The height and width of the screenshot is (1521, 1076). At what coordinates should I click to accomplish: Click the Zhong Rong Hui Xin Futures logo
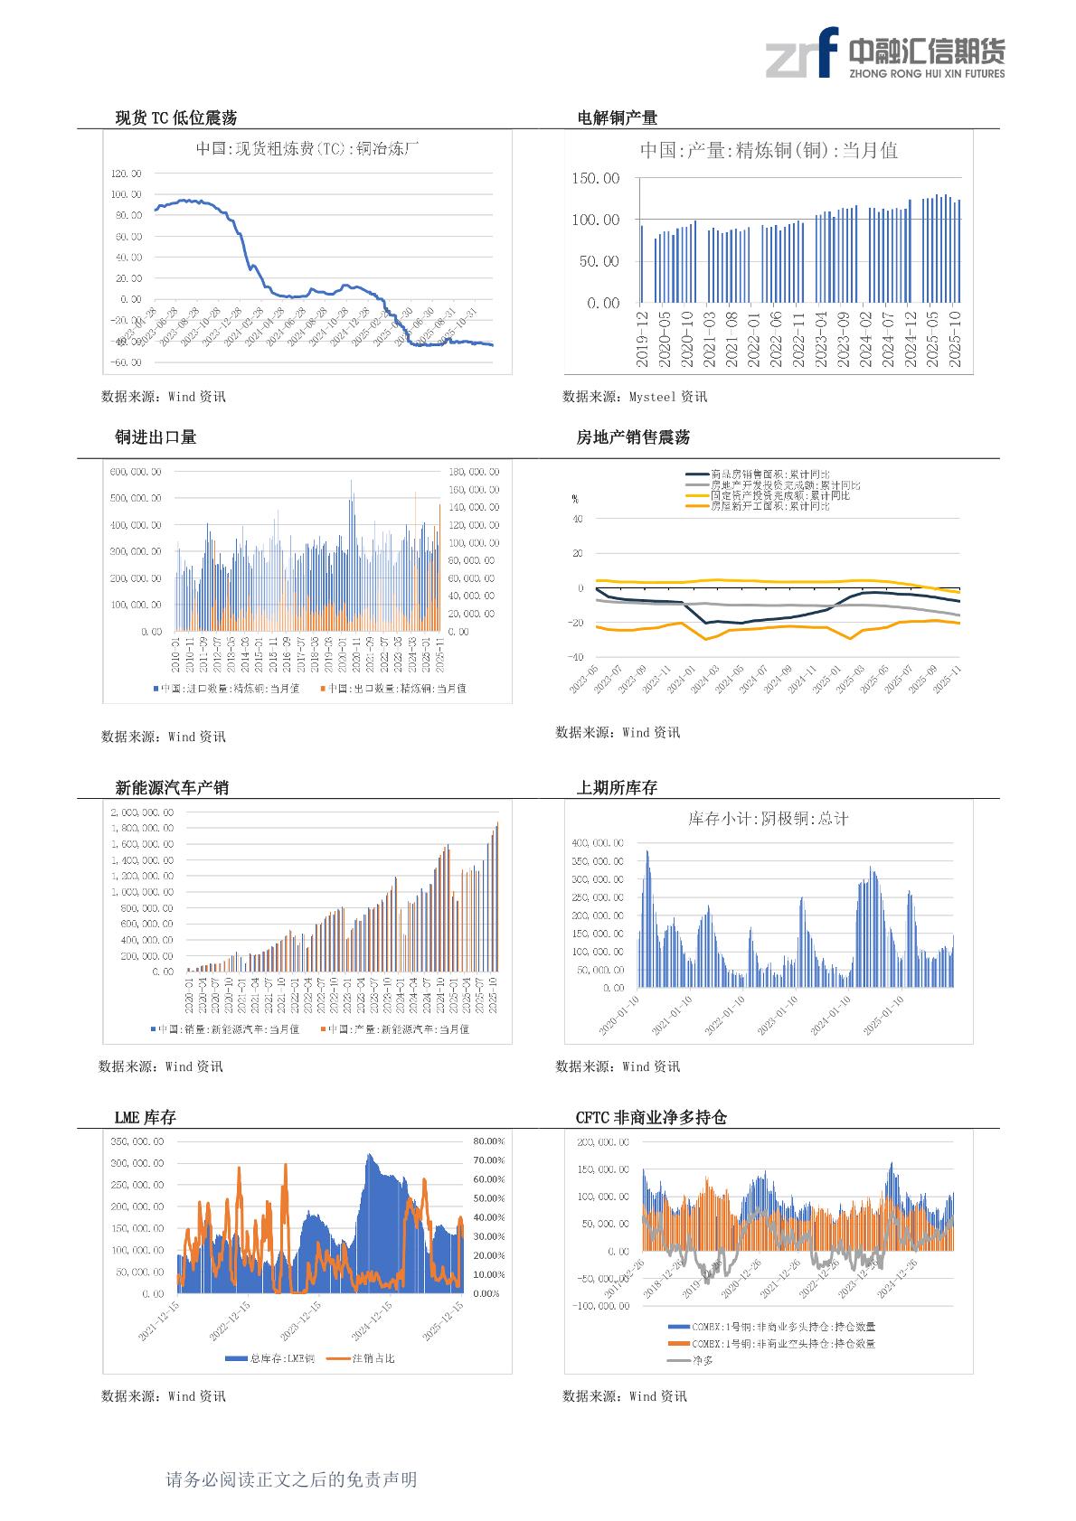(884, 53)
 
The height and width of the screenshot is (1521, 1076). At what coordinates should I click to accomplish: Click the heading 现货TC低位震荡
(175, 117)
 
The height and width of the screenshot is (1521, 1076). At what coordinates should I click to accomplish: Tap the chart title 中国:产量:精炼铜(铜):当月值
(769, 151)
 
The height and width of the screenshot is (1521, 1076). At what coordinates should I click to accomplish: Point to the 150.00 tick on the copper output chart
(596, 179)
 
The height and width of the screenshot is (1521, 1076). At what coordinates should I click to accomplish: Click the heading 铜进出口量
(156, 437)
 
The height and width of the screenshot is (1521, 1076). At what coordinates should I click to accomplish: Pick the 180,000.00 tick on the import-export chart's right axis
(474, 472)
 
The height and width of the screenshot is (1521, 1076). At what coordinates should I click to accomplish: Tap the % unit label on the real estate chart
(575, 498)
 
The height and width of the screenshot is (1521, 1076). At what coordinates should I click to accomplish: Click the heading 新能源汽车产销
(172, 788)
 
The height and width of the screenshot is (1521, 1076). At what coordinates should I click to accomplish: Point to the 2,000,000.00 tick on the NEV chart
(142, 812)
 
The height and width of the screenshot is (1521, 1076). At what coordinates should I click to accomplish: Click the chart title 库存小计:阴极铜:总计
(769, 819)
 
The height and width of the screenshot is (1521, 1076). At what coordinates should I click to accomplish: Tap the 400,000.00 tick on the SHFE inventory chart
(598, 843)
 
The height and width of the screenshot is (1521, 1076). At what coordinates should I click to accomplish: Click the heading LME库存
(145, 1118)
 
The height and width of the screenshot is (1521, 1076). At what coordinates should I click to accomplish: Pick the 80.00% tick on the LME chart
(488, 1141)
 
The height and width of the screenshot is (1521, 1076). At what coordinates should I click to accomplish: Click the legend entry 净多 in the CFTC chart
(703, 1359)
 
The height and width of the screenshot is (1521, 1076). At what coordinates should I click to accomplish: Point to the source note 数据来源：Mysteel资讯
(635, 397)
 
